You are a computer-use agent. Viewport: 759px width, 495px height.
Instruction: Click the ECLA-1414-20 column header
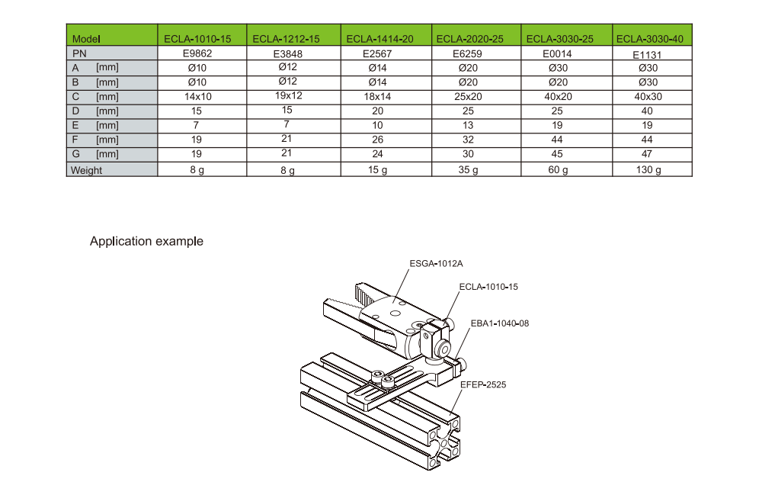coord(380,39)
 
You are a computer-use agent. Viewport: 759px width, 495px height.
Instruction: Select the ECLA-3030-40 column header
coord(649,39)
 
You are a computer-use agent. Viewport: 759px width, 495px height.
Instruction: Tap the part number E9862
coord(197,53)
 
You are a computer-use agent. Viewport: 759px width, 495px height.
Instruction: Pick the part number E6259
coord(468,53)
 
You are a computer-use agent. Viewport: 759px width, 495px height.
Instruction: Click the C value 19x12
coord(289,95)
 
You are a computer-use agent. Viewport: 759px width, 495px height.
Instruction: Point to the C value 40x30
coord(648,96)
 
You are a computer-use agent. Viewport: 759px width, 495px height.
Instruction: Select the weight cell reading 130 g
coord(649,169)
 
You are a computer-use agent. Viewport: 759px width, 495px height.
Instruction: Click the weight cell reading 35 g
coord(468,169)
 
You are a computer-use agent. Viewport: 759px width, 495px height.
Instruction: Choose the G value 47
coord(647,154)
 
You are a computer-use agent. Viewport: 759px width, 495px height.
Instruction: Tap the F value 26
coord(377,140)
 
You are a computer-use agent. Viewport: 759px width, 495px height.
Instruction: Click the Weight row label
coord(86,171)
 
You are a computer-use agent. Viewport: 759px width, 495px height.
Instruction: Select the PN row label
coord(79,53)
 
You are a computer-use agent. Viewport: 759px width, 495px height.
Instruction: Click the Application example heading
coord(146,241)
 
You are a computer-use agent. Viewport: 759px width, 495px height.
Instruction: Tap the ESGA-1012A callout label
coord(436,263)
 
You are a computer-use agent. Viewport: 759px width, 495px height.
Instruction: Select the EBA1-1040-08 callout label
coord(500,323)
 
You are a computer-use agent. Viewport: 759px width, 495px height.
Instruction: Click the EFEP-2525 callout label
coord(483,384)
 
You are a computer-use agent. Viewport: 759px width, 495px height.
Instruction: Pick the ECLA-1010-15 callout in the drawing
coord(488,287)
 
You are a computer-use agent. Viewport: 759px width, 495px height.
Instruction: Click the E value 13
coord(468,125)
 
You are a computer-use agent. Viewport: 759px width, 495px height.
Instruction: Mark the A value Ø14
coord(377,68)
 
